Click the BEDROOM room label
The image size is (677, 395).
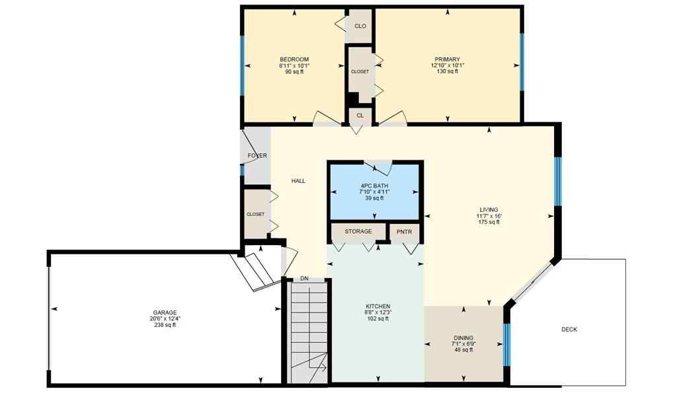tap(294, 59)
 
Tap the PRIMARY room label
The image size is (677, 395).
tap(447, 59)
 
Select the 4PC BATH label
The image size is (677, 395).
tap(374, 186)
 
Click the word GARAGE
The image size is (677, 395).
tap(165, 312)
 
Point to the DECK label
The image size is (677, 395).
tap(569, 329)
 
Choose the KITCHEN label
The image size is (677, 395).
tap(378, 306)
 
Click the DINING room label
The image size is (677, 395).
tap(463, 338)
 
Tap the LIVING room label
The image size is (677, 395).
tap(489, 210)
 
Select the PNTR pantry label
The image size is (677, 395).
tap(404, 232)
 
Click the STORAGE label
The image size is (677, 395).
tap(358, 232)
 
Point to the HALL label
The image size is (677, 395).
tap(298, 180)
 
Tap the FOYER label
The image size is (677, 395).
tap(257, 156)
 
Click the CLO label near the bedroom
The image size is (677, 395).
tap(360, 26)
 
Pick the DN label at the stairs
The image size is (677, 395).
tap(304, 279)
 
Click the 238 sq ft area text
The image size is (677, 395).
tap(165, 325)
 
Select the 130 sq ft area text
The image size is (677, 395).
tap(447, 71)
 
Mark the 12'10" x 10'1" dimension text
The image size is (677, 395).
tap(447, 65)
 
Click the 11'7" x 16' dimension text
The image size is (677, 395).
tap(489, 216)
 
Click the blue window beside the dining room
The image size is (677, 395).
tap(507, 343)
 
